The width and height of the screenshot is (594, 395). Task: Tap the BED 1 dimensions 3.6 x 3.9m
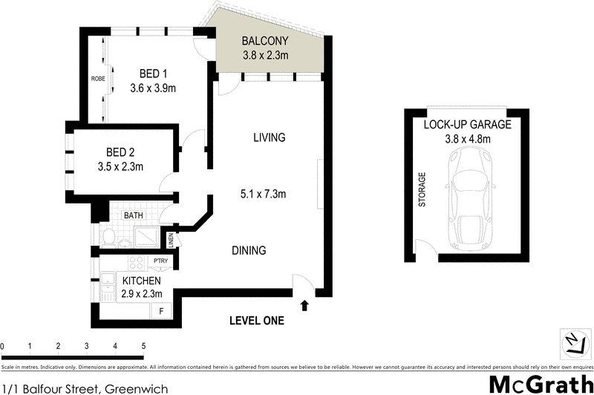coord(152,88)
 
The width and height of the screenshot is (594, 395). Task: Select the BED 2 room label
coord(119,152)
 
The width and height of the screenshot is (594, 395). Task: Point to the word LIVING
coord(269,138)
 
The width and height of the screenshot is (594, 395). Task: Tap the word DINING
coord(249,251)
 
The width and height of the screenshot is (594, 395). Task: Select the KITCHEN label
coord(140,281)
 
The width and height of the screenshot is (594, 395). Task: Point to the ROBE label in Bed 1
coord(97,78)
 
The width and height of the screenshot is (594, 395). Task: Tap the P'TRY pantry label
coord(159,261)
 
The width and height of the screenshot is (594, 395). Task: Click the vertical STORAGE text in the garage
coord(422,190)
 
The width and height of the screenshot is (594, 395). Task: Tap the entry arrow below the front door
coord(304,304)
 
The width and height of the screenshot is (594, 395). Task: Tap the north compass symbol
coord(573,344)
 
